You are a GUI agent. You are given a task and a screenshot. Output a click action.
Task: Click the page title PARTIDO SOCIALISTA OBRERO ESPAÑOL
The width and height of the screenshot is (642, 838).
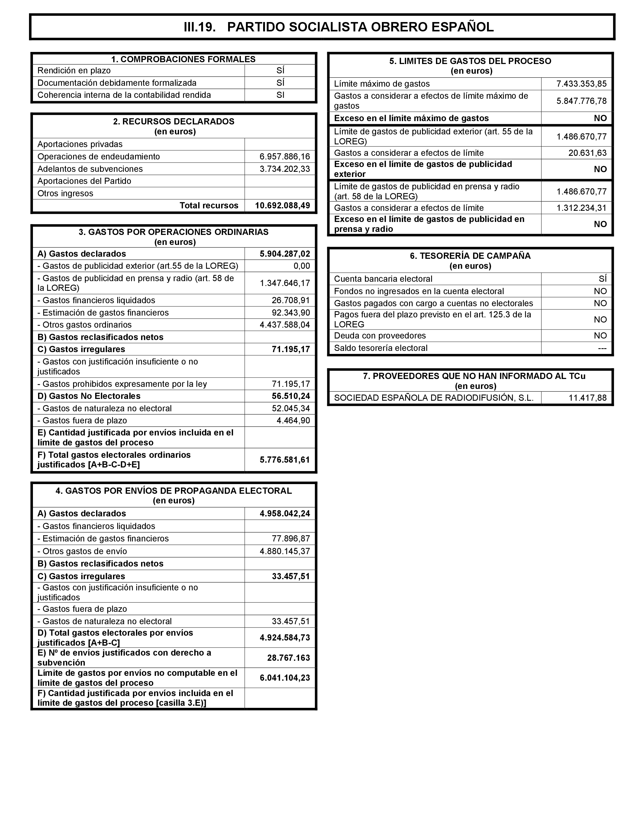[360, 27]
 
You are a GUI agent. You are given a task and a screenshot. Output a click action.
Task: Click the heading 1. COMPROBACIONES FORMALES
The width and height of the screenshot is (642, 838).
[183, 59]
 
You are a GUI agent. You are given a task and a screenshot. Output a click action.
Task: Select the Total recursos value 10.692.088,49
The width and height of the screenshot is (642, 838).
[282, 205]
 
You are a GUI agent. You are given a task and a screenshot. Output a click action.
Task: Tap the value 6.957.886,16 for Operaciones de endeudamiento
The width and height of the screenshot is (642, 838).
[285, 157]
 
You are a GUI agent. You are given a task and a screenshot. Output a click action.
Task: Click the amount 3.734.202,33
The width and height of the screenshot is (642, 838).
[285, 169]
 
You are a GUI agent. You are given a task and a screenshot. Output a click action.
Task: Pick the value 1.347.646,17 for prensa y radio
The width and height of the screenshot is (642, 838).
[285, 283]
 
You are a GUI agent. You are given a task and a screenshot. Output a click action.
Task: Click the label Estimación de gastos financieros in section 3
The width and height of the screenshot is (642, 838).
[105, 313]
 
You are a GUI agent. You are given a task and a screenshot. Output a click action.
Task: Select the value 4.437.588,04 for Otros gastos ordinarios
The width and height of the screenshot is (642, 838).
[285, 325]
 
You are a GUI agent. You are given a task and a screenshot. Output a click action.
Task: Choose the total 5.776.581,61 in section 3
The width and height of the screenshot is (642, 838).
[285, 460]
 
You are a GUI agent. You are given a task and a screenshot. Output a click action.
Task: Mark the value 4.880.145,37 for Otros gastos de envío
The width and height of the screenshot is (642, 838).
[285, 551]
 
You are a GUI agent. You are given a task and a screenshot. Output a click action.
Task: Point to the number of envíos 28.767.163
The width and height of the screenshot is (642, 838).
[289, 658]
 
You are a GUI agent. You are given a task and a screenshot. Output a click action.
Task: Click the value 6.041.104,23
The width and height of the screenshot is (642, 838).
[285, 678]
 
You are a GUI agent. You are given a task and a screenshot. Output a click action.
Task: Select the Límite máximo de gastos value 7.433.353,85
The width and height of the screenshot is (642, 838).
[581, 84]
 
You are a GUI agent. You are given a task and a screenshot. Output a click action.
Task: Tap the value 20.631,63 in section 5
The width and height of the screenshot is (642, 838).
[587, 153]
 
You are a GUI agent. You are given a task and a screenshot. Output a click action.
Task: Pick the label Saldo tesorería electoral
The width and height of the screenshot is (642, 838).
[381, 348]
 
